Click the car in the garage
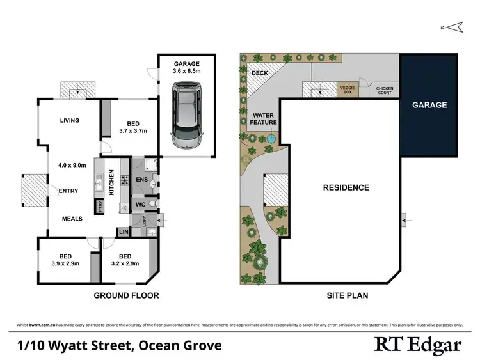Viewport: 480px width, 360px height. (186, 117)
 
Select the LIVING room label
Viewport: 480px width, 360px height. (70, 120)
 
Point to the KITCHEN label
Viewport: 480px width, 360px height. (111, 182)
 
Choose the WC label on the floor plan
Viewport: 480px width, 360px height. (140, 205)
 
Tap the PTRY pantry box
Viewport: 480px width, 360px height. (100, 207)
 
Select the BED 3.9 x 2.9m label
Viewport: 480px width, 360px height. (65, 258)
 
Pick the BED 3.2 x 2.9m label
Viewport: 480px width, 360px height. (125, 258)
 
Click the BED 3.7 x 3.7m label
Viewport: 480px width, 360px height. (133, 127)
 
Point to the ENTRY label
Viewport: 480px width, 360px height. (68, 191)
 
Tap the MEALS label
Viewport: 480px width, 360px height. (72, 219)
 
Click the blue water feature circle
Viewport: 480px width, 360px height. (271, 137)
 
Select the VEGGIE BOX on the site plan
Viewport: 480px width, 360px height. (348, 90)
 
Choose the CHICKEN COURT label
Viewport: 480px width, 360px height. (385, 90)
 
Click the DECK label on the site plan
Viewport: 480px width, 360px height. (260, 73)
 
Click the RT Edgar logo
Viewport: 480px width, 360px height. (417, 345)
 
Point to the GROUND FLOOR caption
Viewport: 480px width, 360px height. (126, 295)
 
